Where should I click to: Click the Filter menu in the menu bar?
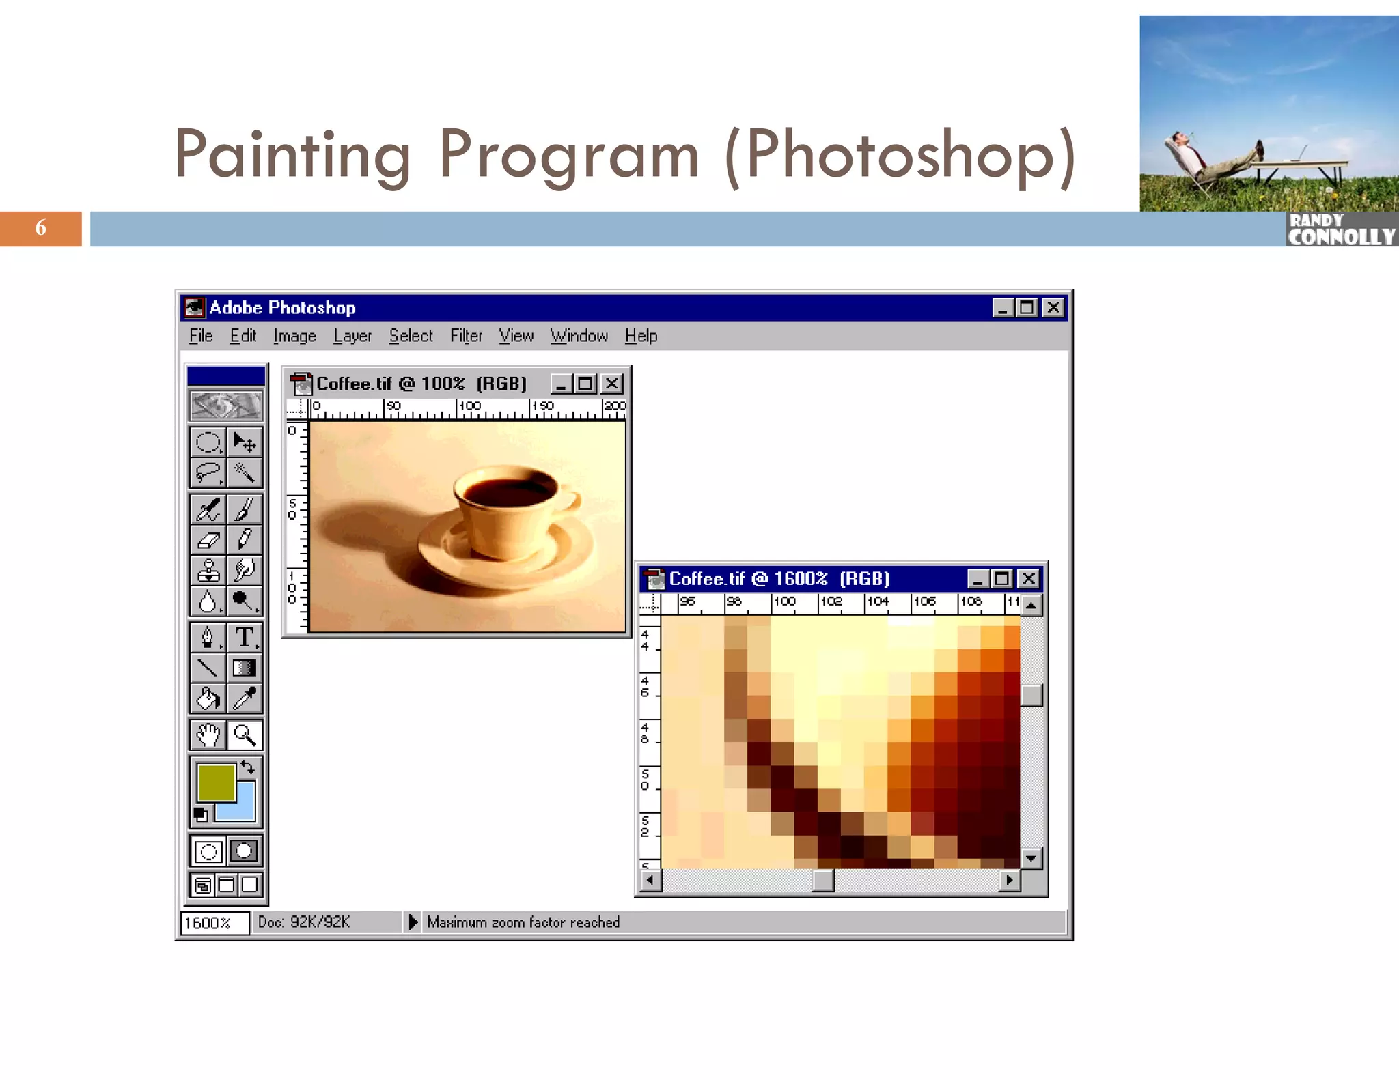pyautogui.click(x=466, y=336)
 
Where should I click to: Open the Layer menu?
pyautogui.click(x=352, y=336)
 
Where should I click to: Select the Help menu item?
pyautogui.click(x=641, y=336)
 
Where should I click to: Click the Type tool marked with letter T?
pyautogui.click(x=244, y=638)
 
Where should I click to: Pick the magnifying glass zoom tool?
pyautogui.click(x=244, y=735)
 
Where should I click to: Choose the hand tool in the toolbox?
pyautogui.click(x=208, y=735)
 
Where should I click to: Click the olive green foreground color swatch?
pyautogui.click(x=215, y=782)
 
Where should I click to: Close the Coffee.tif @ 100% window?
pyautogui.click(x=612, y=384)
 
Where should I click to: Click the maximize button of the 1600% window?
pyautogui.click(x=1001, y=579)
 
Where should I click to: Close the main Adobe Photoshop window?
pyautogui.click(x=1053, y=308)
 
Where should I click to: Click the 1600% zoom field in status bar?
pyautogui.click(x=213, y=923)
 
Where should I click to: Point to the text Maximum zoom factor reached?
pyautogui.click(x=523, y=922)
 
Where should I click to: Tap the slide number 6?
pyautogui.click(x=41, y=228)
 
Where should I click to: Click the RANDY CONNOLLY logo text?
pyautogui.click(x=1340, y=230)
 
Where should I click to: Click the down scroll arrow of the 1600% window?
pyautogui.click(x=1031, y=858)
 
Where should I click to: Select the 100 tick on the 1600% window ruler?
pyautogui.click(x=784, y=601)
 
